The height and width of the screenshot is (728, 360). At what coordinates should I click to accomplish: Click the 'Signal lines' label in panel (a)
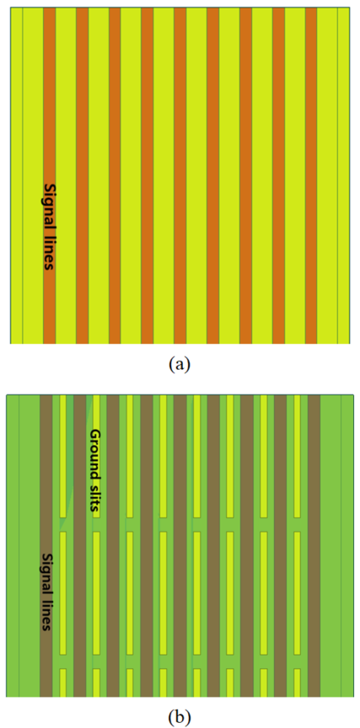(x=48, y=226)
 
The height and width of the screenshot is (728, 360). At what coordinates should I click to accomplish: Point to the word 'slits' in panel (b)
(x=94, y=497)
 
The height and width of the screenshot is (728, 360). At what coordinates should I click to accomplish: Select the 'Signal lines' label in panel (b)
(x=46, y=591)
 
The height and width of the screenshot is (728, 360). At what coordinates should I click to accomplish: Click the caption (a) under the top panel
(x=180, y=364)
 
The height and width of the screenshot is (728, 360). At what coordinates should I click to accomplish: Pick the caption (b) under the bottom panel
(x=180, y=717)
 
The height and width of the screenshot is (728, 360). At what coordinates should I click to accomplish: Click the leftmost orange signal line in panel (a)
(x=49, y=175)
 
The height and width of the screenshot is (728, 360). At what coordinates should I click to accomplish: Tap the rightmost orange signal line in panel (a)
(x=311, y=175)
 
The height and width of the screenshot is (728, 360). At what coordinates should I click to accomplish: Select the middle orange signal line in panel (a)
(x=180, y=175)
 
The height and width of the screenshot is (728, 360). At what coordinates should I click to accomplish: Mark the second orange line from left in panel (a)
(x=83, y=175)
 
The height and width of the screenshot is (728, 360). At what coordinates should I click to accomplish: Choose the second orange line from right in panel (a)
(x=278, y=175)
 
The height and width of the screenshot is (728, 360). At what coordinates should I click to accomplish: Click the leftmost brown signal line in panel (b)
(x=46, y=546)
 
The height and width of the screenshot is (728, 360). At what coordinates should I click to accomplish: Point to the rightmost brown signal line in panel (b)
(x=314, y=546)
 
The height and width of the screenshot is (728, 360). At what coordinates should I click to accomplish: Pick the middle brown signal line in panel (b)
(x=180, y=546)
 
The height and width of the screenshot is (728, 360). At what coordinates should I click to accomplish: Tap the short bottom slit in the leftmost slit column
(x=63, y=682)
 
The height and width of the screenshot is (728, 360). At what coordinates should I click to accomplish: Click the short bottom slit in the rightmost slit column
(x=298, y=682)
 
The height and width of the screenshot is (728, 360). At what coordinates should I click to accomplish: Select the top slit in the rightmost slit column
(x=298, y=457)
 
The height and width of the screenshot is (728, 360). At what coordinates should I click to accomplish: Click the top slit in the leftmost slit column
(x=63, y=457)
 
